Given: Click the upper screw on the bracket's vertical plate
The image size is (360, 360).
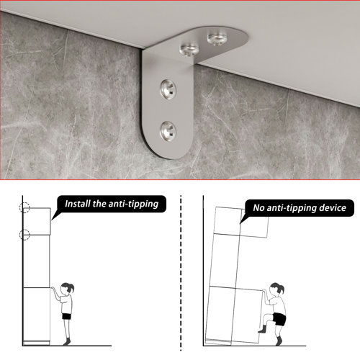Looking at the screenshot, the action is pos(168,89).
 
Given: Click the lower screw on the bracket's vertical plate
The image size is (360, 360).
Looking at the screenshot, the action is pos(168,131).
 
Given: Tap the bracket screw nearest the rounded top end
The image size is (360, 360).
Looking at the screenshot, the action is pos(217,38).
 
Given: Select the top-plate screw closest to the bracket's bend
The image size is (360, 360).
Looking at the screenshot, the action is pos(189,50).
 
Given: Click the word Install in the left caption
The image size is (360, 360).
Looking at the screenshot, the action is pos(78,204).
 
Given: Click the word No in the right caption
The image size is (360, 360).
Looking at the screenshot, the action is pos(258,208).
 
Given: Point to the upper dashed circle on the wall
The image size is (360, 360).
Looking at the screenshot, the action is pos(24,207).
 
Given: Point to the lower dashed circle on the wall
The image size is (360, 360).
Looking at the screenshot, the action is pos(24,235).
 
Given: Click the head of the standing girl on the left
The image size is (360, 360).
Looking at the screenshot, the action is pos(66,289).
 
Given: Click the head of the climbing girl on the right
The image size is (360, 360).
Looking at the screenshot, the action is pos(276,289).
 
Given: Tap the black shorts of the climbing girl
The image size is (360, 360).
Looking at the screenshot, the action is pos(279,319).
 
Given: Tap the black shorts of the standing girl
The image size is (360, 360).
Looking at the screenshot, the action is pos(66,316).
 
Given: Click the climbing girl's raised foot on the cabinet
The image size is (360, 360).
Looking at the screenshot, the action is pos(262,329).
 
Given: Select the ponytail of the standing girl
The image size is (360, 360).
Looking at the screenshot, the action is pos(71,287).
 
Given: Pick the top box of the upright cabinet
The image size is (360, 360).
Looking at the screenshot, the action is pos(37,221).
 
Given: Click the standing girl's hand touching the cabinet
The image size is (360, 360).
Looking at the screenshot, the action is pos(53,288).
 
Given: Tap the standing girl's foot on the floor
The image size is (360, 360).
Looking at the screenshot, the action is pos(67,341).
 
